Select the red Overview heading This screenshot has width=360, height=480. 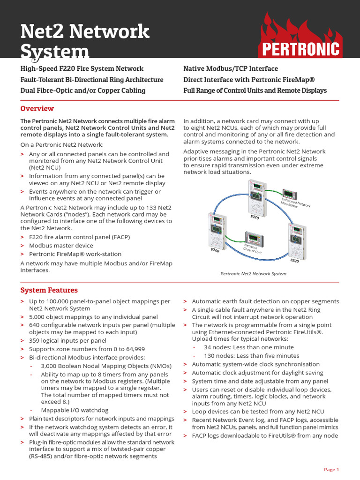tap(37, 109)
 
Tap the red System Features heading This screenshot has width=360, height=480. tap(49, 290)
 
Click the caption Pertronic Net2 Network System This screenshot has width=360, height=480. tap(253, 274)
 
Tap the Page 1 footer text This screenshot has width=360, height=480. tap(331, 469)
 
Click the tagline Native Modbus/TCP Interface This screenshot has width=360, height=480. tap(230, 69)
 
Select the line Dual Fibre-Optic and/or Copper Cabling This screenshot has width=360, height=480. tap(83, 90)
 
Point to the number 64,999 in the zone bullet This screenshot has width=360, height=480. tap(133, 349)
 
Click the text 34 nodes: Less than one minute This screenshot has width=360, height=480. tap(248, 347)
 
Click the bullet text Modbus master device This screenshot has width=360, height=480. tap(61, 245)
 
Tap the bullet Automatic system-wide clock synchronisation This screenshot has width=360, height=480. tap(255, 364)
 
